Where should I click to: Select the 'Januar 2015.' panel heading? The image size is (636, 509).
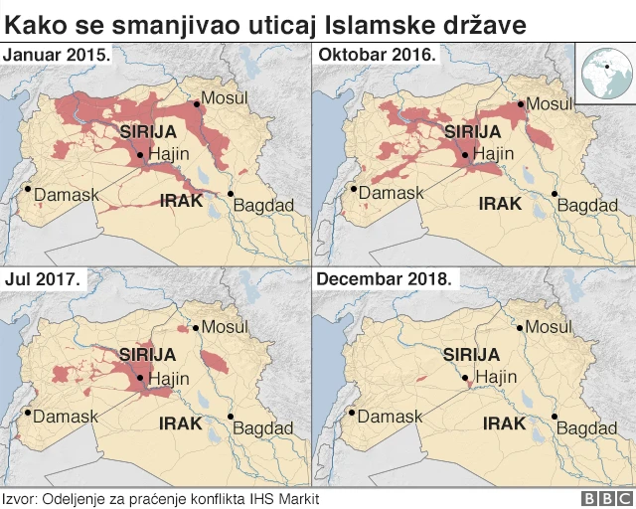[58, 55]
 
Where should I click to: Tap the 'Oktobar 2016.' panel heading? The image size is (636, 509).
[377, 55]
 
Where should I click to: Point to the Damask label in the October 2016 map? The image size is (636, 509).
[391, 192]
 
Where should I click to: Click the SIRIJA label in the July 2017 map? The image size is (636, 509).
[147, 354]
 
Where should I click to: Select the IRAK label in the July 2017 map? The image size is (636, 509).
[181, 424]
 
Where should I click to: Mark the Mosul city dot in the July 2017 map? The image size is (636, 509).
[196, 326]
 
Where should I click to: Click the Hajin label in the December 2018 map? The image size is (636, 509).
[496, 378]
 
